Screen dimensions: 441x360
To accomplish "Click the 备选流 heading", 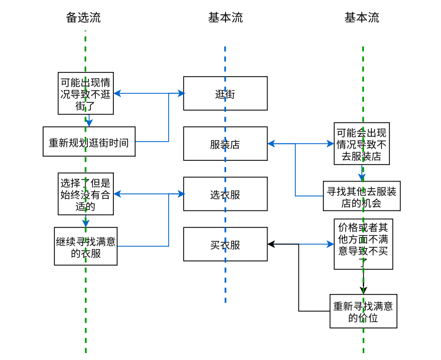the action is [x=83, y=18].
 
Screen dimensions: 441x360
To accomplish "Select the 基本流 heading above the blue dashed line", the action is [x=225, y=18].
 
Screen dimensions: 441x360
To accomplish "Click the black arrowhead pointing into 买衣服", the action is [x=271, y=244].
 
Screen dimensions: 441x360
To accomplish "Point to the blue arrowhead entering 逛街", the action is [x=181, y=93].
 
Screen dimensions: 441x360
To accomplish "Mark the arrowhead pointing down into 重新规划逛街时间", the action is [x=89, y=123].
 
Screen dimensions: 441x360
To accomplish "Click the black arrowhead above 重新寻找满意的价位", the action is [x=363, y=291].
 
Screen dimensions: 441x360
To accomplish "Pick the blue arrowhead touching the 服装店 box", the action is [x=271, y=144].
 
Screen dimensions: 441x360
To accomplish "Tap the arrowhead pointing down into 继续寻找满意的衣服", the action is [x=86, y=224].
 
